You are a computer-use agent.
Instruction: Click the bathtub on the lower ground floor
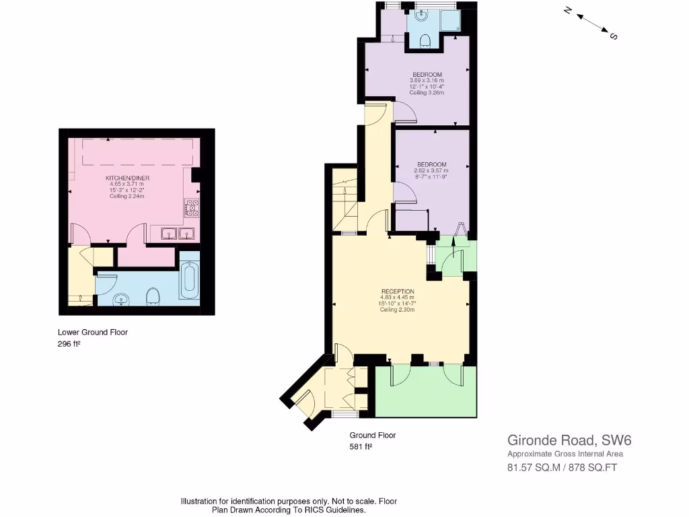[189, 281]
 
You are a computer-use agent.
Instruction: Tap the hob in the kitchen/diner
[191, 208]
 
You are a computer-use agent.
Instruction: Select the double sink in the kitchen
[178, 234]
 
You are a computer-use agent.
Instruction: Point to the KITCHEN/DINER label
[127, 178]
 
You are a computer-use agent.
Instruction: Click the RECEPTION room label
[396, 291]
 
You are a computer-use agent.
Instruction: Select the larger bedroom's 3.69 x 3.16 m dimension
[427, 81]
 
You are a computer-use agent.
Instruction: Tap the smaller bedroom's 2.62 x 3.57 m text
[431, 171]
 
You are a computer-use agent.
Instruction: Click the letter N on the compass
[567, 11]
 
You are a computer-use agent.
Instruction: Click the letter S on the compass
[613, 36]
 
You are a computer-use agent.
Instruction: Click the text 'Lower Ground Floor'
[93, 332]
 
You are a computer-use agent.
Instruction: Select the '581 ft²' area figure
[361, 446]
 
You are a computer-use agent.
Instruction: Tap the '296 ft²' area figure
[69, 343]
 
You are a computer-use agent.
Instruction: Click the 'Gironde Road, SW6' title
[569, 441]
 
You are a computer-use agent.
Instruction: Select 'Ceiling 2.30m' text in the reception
[396, 310]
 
